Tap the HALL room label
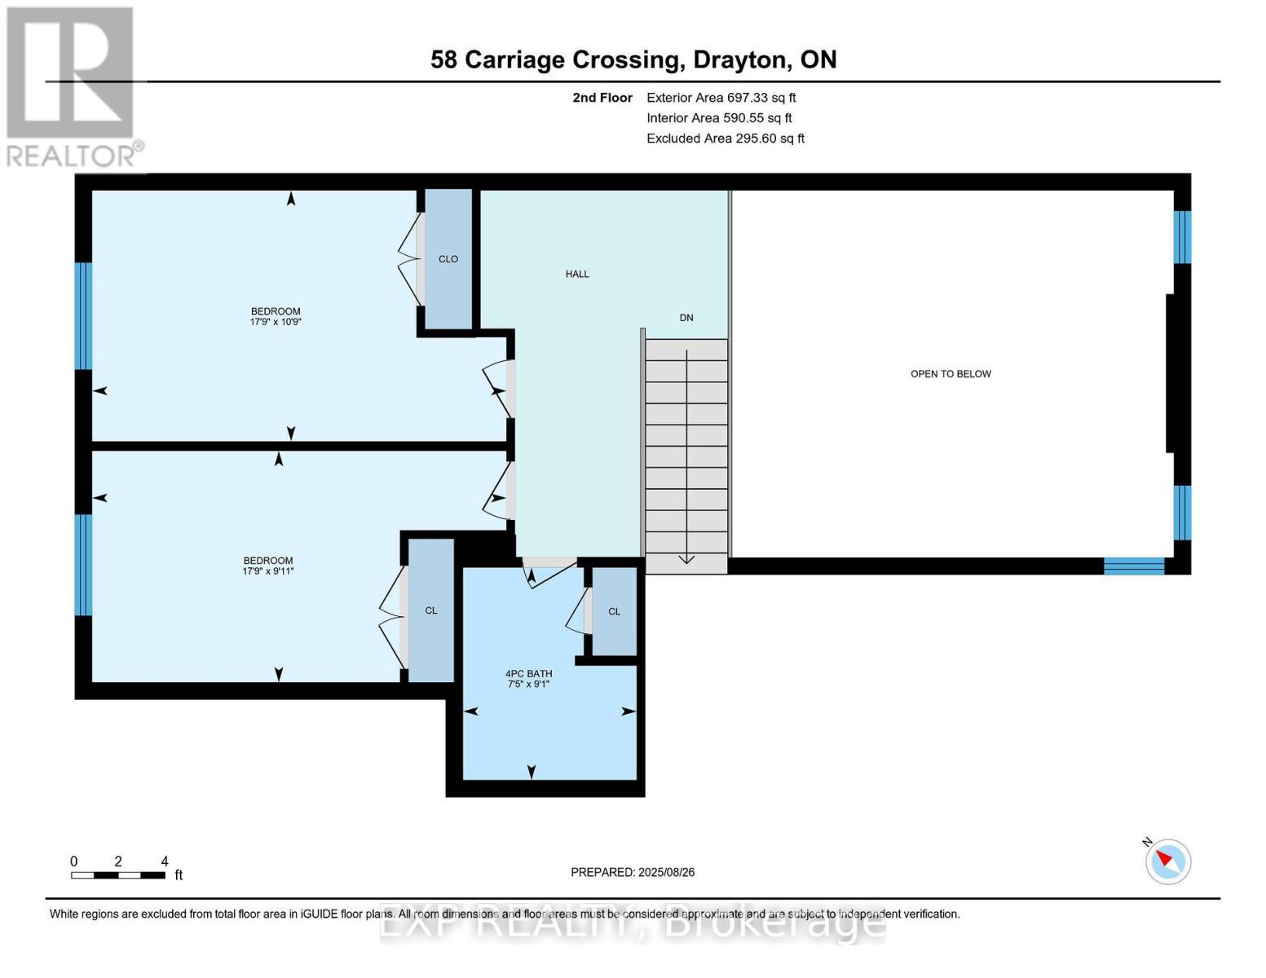pos(577,275)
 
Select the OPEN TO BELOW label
pos(951,374)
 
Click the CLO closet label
pos(448,259)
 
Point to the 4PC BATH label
pos(528,674)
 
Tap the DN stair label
pos(686,318)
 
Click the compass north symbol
pos(1167,861)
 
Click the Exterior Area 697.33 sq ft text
pos(721,98)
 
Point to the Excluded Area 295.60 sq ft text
pos(725,139)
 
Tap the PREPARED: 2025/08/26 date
pos(633,873)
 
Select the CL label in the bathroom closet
pos(614,612)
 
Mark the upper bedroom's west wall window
pos(83,316)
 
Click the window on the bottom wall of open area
pos(1134,566)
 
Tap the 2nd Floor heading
pos(602,98)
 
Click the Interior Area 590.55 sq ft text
pos(719,118)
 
